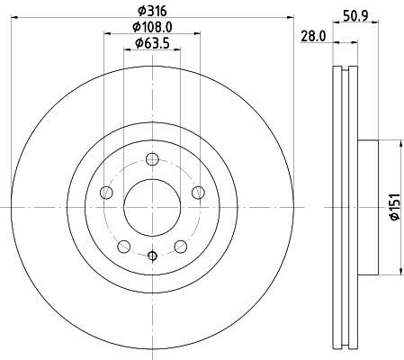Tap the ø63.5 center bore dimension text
(x=152, y=43)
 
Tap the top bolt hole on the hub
(x=151, y=160)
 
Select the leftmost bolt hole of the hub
(x=107, y=193)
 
